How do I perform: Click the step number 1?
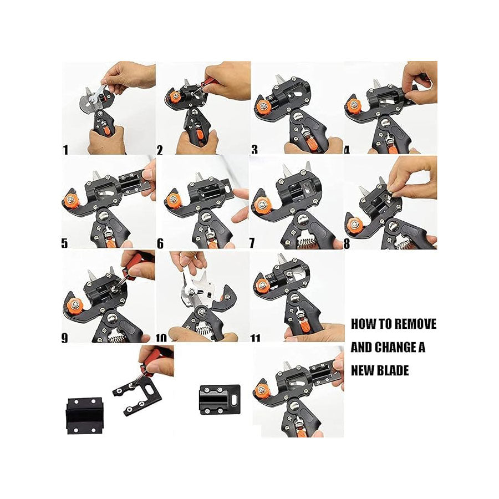[65, 150]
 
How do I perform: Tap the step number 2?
[160, 150]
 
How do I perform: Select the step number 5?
[65, 243]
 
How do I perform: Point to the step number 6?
[160, 243]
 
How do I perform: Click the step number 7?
[252, 243]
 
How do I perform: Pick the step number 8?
[347, 244]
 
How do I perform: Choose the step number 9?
[65, 338]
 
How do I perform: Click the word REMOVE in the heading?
[415, 324]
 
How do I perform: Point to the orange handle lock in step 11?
[304, 327]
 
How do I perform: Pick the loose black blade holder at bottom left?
[84, 416]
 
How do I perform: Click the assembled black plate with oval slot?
[220, 400]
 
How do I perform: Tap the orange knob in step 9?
[75, 306]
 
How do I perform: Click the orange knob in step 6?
[173, 200]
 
